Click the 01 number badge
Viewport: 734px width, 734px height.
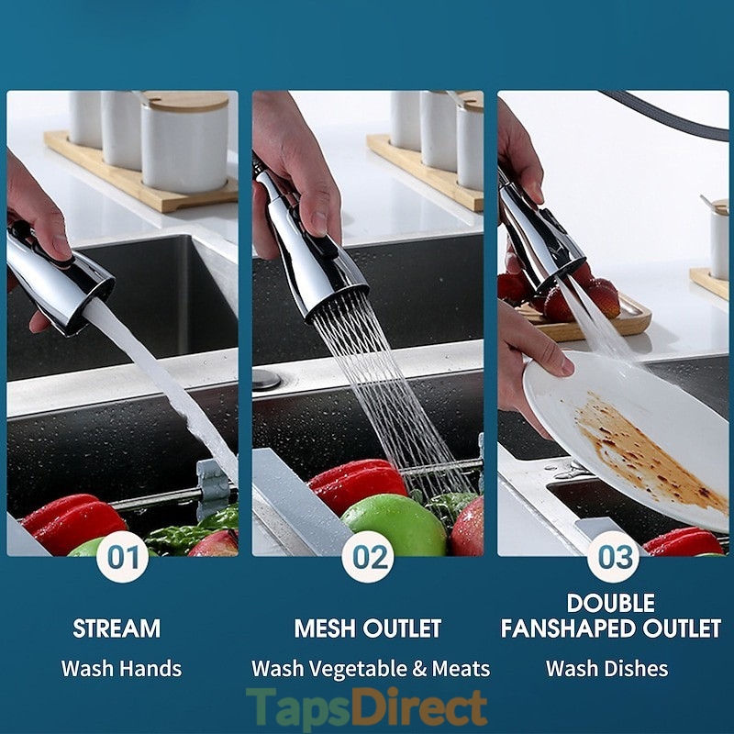point(123,557)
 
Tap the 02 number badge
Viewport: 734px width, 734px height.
point(368,557)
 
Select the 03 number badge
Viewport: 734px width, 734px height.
point(613,557)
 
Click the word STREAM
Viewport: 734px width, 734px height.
point(117,628)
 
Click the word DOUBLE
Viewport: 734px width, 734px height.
point(611,603)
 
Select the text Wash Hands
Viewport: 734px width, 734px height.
point(121,669)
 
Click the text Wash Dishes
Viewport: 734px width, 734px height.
point(606,669)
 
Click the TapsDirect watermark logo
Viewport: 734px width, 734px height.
point(366,707)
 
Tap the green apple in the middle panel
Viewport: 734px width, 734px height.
point(394,525)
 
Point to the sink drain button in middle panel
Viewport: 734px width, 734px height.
point(267,379)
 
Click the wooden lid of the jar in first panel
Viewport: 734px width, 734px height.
point(186,101)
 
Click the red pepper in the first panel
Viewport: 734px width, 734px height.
point(75,522)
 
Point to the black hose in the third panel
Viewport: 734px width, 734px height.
point(670,112)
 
